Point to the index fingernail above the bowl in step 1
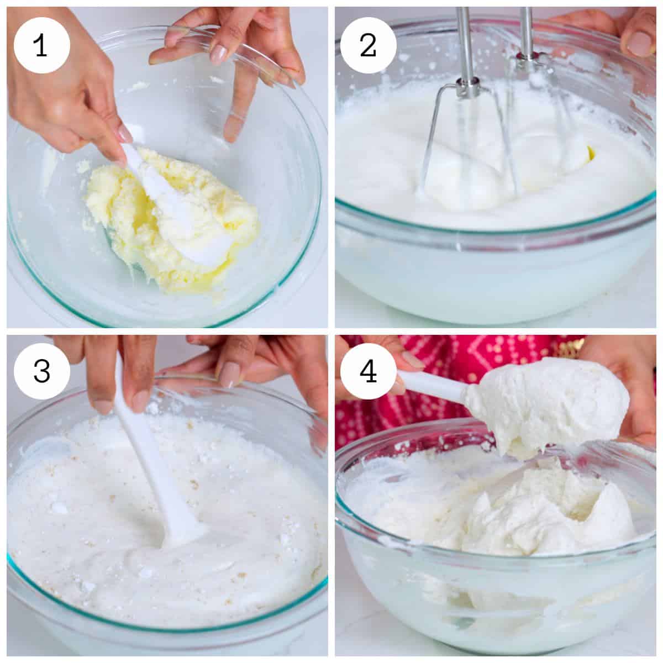(x=218, y=54)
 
